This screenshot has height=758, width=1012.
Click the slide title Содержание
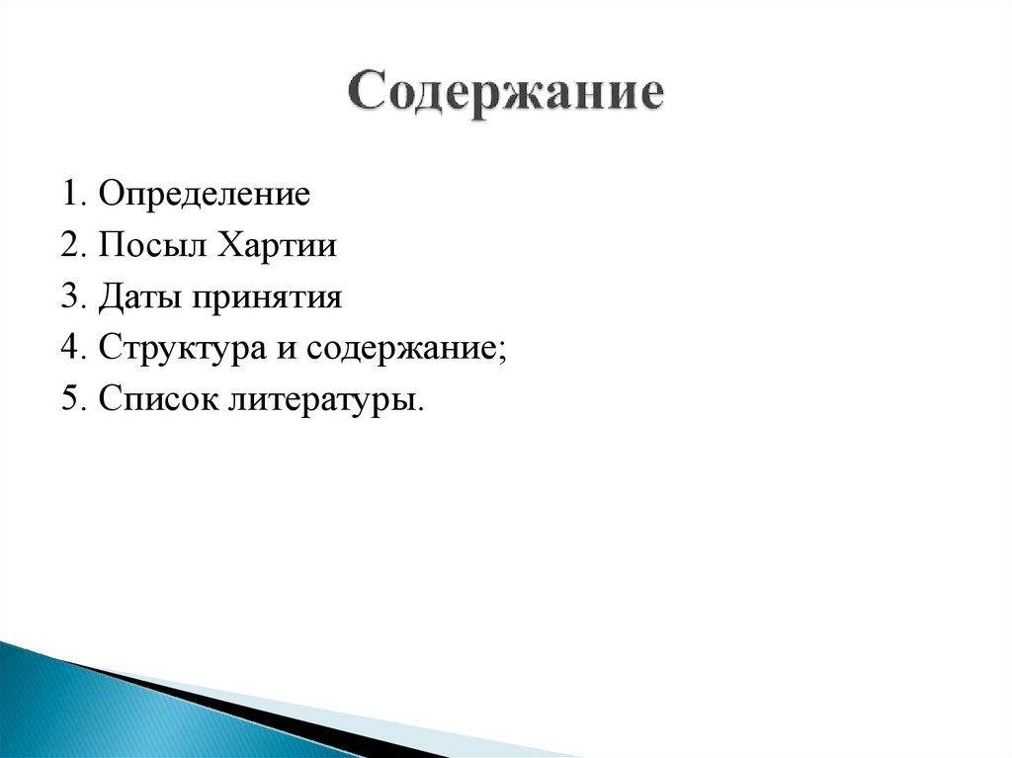[x=505, y=95]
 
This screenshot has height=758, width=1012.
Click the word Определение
[x=205, y=193]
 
